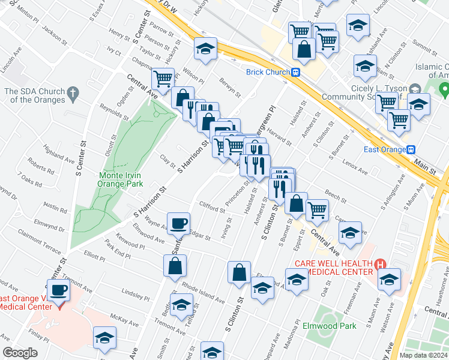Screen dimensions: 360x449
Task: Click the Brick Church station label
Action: (x=268, y=72)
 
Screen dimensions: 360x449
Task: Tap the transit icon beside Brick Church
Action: (x=296, y=72)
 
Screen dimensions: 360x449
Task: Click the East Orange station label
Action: (x=385, y=149)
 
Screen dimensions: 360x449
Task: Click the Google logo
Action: (x=20, y=353)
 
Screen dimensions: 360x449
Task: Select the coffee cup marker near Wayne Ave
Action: (x=178, y=223)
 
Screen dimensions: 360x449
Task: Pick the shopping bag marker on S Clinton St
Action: (x=239, y=272)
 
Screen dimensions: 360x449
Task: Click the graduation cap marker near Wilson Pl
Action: (x=205, y=48)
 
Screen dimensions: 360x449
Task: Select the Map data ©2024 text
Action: (x=423, y=355)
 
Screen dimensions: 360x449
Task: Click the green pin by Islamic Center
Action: (x=444, y=91)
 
